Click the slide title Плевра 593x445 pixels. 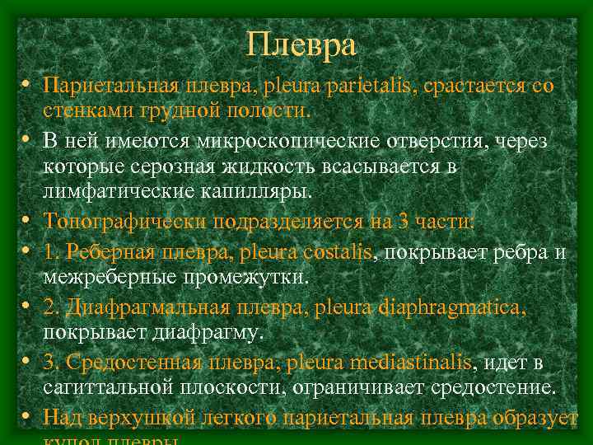click(x=301, y=44)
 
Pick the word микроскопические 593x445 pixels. click(x=289, y=141)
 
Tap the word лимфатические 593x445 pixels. click(x=114, y=193)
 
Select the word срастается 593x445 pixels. click(x=477, y=86)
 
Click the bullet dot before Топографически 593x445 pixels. click(x=27, y=222)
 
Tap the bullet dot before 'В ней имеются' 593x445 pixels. click(x=27, y=141)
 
